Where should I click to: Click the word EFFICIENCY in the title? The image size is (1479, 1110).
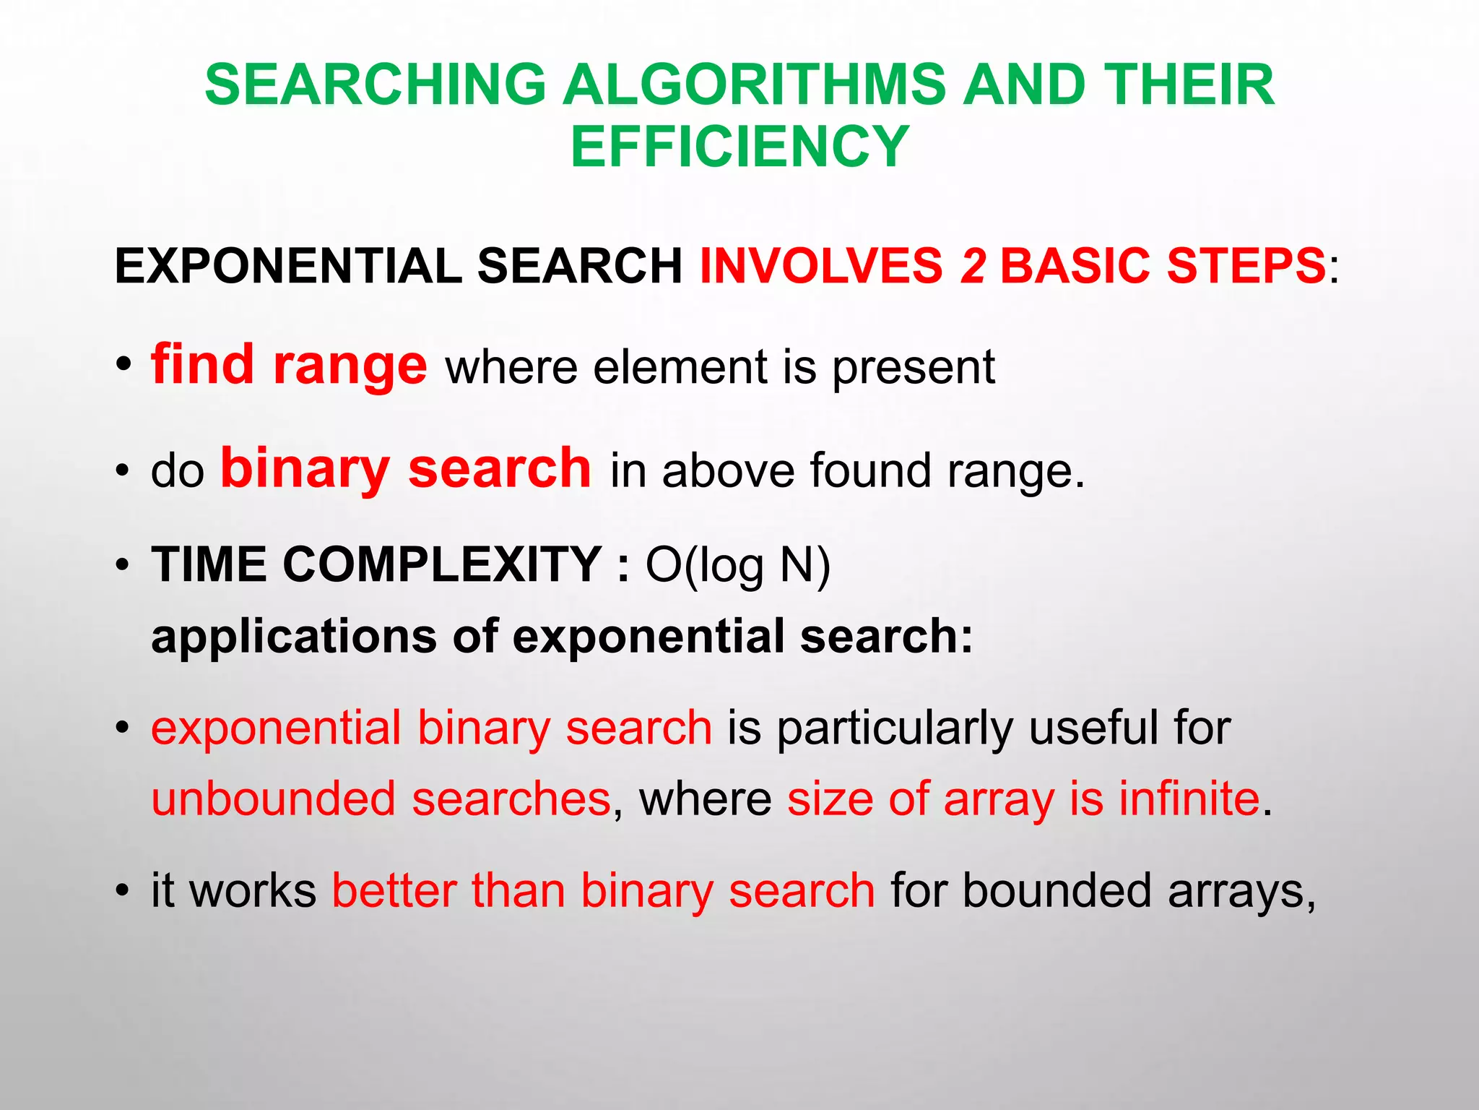[739, 147]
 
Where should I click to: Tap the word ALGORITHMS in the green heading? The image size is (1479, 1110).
[754, 85]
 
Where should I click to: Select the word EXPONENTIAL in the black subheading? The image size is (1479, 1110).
[288, 266]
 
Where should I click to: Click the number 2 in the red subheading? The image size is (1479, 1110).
[973, 266]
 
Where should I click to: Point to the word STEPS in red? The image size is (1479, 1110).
[1245, 266]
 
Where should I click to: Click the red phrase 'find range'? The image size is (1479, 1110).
[289, 366]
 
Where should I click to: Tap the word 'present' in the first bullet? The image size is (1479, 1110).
[914, 369]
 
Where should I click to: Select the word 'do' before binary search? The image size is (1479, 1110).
[178, 471]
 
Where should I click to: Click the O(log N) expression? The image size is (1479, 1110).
[738, 566]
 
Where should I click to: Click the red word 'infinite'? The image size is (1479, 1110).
[1189, 799]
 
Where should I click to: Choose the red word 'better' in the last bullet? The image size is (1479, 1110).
[394, 890]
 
